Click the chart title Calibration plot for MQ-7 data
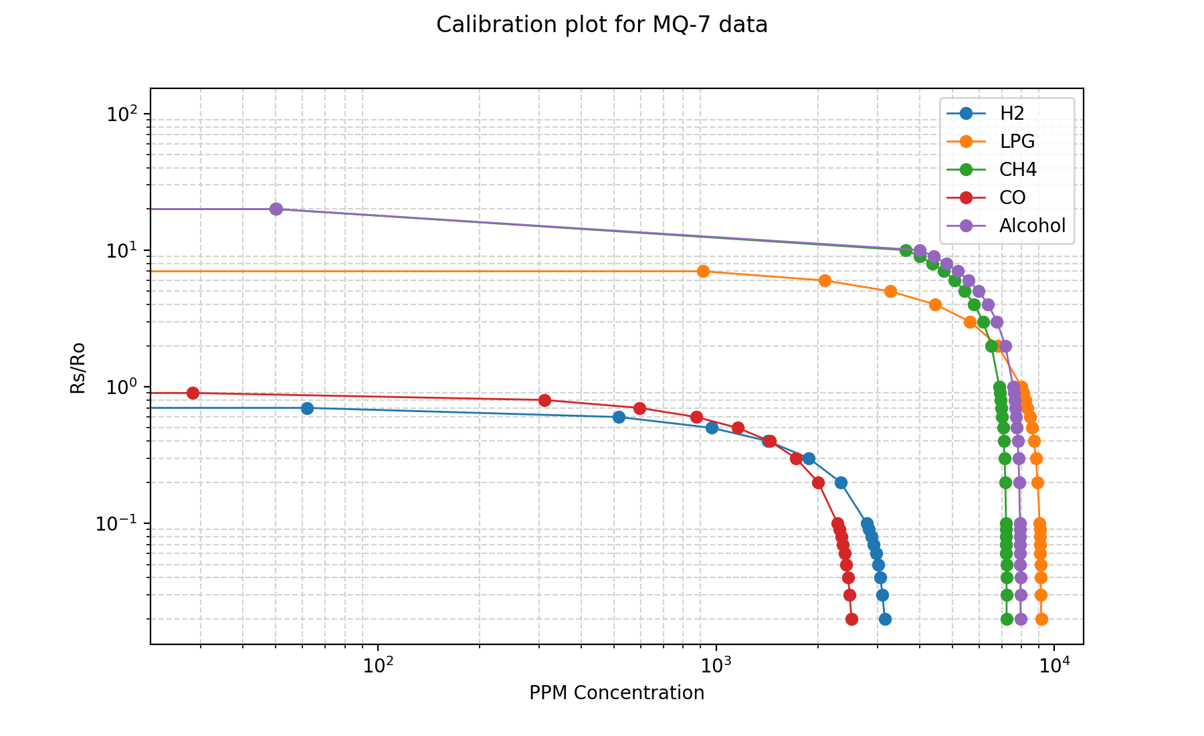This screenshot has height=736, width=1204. (601, 25)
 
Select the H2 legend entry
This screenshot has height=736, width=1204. (1011, 114)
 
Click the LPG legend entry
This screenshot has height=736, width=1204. (1017, 142)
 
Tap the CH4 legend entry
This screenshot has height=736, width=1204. (1017, 170)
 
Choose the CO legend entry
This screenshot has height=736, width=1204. (1012, 198)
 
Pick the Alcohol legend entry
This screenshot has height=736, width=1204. (1032, 226)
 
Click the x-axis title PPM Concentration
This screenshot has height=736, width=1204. (617, 693)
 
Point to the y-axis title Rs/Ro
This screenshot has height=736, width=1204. (78, 367)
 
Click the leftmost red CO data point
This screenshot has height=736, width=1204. (193, 393)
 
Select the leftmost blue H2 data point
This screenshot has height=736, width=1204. (307, 408)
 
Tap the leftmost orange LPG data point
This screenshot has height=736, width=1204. (703, 271)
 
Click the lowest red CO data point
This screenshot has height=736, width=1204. (851, 619)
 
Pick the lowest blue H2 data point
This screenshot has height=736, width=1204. (885, 619)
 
